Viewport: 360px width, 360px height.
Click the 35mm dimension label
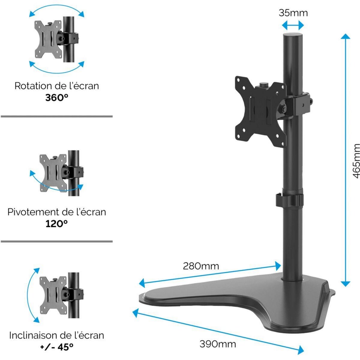click(x=293, y=13)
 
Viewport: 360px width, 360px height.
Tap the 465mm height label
click(x=356, y=160)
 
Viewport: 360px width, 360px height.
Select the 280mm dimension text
click(x=201, y=266)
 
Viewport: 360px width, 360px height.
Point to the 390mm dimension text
click(x=218, y=344)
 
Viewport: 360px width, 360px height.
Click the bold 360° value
click(x=56, y=98)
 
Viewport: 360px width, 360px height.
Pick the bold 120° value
click(x=56, y=223)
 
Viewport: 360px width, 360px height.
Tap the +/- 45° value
click(x=56, y=347)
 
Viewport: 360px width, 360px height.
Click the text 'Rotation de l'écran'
click(x=56, y=86)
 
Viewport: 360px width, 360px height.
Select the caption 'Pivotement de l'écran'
click(x=56, y=212)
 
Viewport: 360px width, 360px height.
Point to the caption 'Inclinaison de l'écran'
click(x=56, y=335)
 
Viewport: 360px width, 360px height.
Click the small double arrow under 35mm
click(x=293, y=25)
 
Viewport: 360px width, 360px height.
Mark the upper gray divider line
click(x=56, y=116)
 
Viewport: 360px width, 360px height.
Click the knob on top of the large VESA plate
click(x=263, y=85)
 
